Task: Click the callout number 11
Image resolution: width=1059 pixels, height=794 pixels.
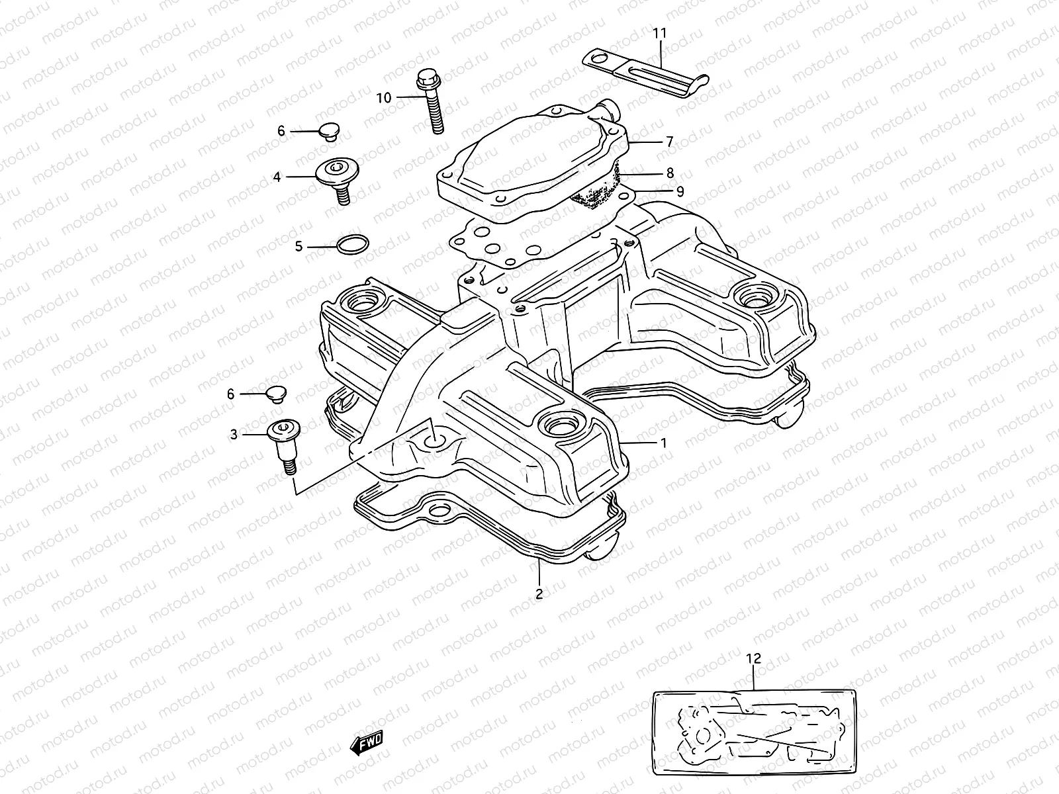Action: click(660, 32)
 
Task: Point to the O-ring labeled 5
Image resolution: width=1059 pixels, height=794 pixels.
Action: click(351, 245)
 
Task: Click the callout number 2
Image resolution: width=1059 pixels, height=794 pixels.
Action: click(539, 594)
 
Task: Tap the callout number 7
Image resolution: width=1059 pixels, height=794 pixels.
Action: click(669, 142)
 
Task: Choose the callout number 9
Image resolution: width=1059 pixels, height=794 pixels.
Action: click(680, 191)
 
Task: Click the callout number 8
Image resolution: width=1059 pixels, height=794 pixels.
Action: click(670, 173)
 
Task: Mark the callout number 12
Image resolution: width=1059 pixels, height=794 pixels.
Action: click(753, 658)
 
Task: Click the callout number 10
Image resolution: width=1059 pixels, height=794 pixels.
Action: click(384, 98)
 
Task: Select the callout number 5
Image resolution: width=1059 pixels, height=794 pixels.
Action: click(299, 247)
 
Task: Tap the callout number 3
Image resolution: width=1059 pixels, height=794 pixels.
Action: click(234, 434)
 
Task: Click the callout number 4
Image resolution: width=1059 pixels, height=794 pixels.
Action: click(277, 177)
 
